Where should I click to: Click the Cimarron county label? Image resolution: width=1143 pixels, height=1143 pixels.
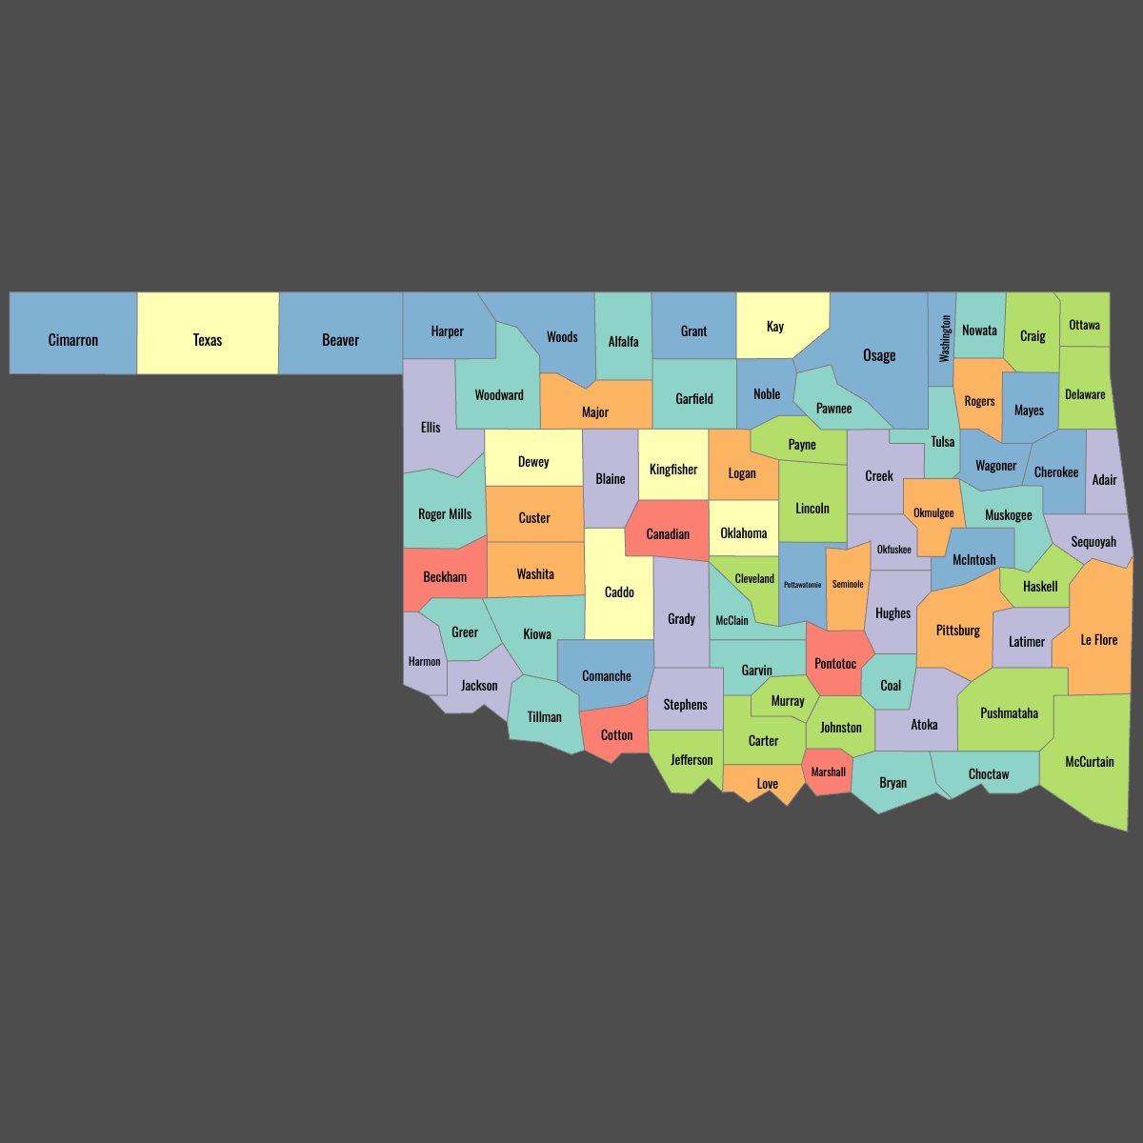(x=73, y=340)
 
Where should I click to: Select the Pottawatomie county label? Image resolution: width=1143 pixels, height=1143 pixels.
(x=802, y=585)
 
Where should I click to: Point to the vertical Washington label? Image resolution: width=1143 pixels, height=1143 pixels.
(x=945, y=338)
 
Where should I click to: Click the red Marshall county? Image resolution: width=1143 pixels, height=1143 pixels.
(x=827, y=772)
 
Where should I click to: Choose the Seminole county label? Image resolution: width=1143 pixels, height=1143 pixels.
(x=848, y=584)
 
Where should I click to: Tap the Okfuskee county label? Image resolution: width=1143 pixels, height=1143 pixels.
(x=893, y=550)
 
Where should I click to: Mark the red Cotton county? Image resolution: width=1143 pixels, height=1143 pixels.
(x=616, y=734)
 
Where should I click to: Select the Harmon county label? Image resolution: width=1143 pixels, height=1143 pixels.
(x=425, y=662)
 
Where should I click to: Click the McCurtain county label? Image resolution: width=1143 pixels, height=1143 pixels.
(x=1090, y=762)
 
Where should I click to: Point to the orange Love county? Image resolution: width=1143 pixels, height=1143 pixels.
(x=767, y=783)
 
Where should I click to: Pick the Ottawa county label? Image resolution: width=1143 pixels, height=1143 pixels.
(x=1084, y=325)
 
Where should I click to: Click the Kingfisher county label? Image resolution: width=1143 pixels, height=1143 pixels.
(x=673, y=470)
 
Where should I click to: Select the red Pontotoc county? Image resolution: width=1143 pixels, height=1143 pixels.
(x=835, y=662)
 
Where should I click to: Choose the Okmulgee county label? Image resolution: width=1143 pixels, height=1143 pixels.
(x=933, y=513)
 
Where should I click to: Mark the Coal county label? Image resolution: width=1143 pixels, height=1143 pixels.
(x=891, y=686)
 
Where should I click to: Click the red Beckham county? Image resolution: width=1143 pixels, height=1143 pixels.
(x=445, y=577)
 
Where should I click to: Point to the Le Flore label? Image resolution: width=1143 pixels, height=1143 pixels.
(x=1099, y=640)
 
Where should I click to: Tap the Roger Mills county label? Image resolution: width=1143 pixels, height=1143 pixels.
(x=445, y=514)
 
